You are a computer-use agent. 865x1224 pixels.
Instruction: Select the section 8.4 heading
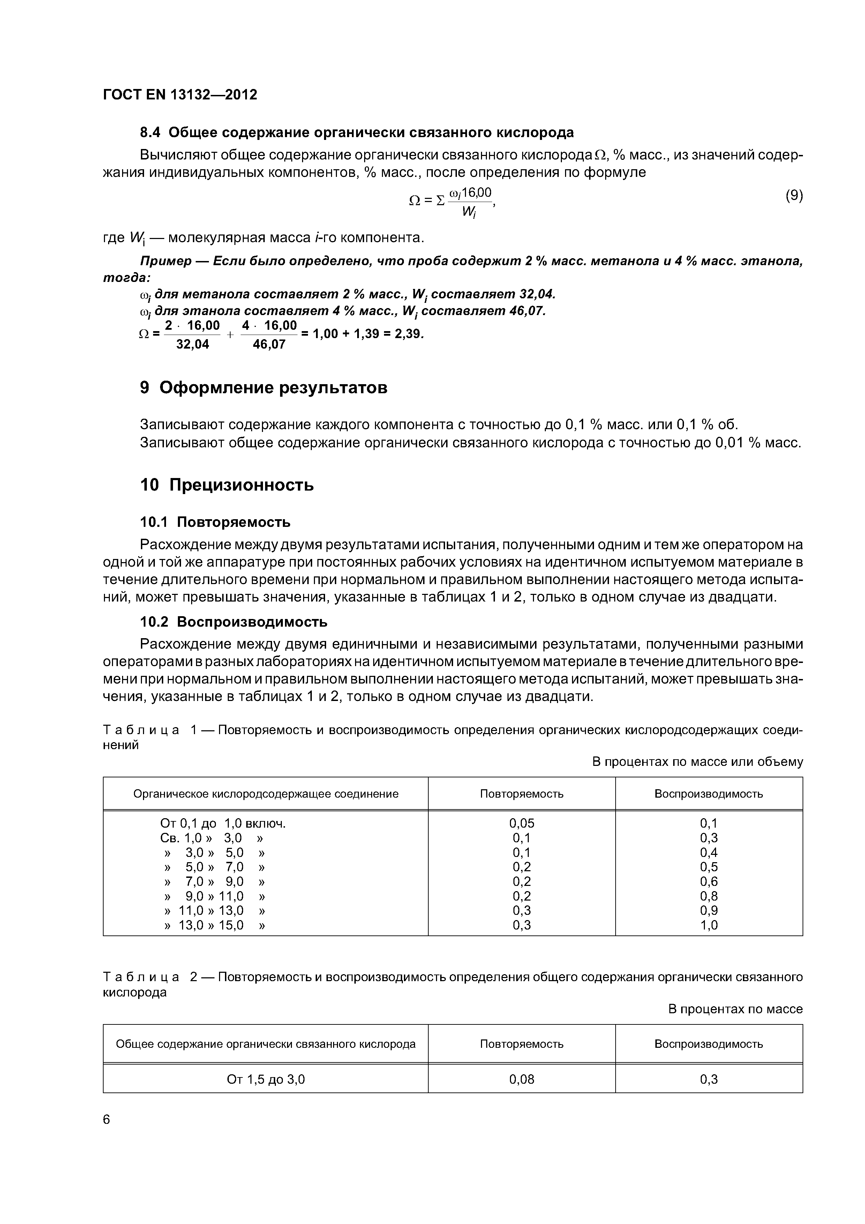tap(356, 132)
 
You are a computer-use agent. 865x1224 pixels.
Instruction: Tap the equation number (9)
tap(793, 196)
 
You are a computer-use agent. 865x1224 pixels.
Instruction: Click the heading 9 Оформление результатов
tap(263, 388)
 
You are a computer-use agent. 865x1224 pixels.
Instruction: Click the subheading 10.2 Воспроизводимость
tap(233, 622)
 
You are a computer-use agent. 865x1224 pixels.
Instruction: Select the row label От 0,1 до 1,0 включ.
tap(223, 824)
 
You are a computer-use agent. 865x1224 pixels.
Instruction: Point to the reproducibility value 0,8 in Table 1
tap(708, 896)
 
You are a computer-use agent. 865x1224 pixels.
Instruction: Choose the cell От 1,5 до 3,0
tap(265, 1080)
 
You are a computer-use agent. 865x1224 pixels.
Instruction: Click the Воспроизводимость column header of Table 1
tap(708, 794)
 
